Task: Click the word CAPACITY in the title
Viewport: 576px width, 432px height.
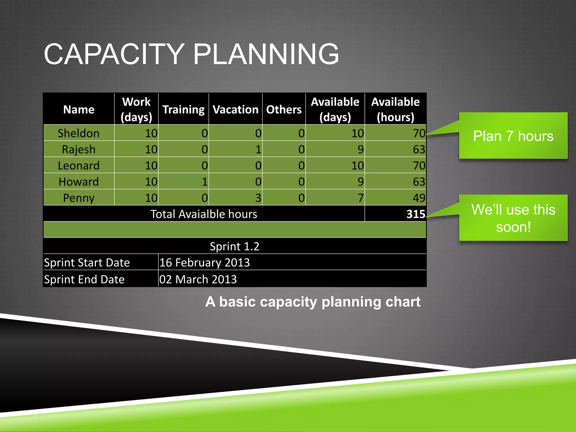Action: click(x=114, y=54)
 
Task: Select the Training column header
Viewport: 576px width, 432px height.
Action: click(x=183, y=109)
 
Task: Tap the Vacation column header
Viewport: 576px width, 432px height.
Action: click(x=235, y=109)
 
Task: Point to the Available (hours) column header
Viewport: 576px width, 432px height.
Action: click(x=395, y=109)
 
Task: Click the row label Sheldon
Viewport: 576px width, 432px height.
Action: click(x=78, y=133)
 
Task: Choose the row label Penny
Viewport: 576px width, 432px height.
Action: click(x=78, y=198)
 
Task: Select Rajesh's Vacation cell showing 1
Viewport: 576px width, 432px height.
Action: click(x=258, y=149)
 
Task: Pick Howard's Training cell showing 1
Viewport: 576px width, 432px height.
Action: click(x=204, y=182)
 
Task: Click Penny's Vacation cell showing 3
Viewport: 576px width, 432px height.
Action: click(x=258, y=198)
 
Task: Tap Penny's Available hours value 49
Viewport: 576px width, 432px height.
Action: click(x=418, y=198)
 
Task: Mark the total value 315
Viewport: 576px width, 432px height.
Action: click(x=415, y=214)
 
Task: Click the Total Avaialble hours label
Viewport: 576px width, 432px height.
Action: click(x=204, y=214)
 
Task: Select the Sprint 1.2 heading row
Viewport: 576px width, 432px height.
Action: click(x=234, y=246)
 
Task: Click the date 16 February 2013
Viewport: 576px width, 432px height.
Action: click(x=204, y=262)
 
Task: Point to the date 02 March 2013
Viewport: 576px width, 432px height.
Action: click(x=198, y=279)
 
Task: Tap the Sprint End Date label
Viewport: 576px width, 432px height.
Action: click(x=84, y=279)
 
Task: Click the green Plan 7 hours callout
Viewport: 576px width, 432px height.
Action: click(x=513, y=136)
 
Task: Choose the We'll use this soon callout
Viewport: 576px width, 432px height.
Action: click(x=513, y=218)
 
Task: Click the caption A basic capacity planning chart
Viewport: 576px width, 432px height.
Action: click(x=312, y=302)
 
